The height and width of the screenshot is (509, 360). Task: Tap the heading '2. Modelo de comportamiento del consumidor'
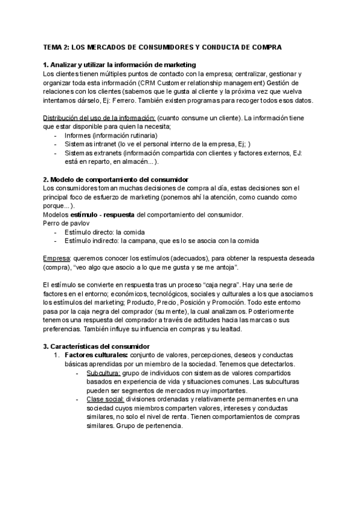[x=116, y=179]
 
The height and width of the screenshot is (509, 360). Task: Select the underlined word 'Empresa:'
[x=56, y=259]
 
